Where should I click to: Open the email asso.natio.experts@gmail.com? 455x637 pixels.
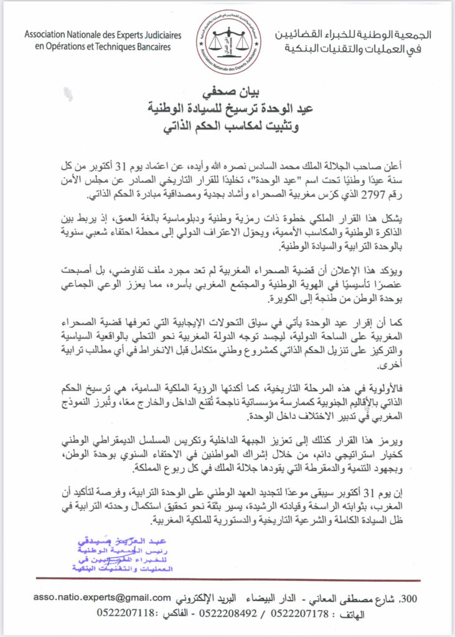coord(103,598)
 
